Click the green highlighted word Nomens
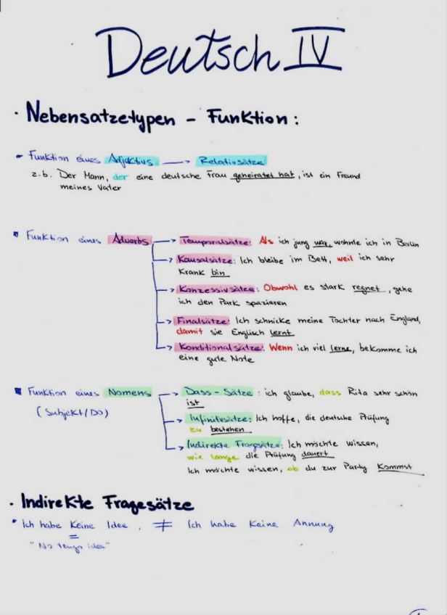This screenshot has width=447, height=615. (129, 392)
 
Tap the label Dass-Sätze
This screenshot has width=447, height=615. (215, 392)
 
